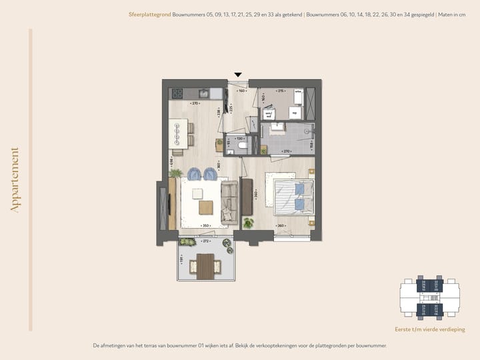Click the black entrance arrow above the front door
(238, 75)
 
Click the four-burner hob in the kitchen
(178, 93)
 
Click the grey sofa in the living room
(229, 202)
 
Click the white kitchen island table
(178, 133)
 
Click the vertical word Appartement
(15, 180)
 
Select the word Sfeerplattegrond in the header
(149, 14)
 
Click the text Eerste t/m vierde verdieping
(429, 329)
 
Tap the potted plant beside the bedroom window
(249, 223)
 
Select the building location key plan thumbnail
(429, 298)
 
